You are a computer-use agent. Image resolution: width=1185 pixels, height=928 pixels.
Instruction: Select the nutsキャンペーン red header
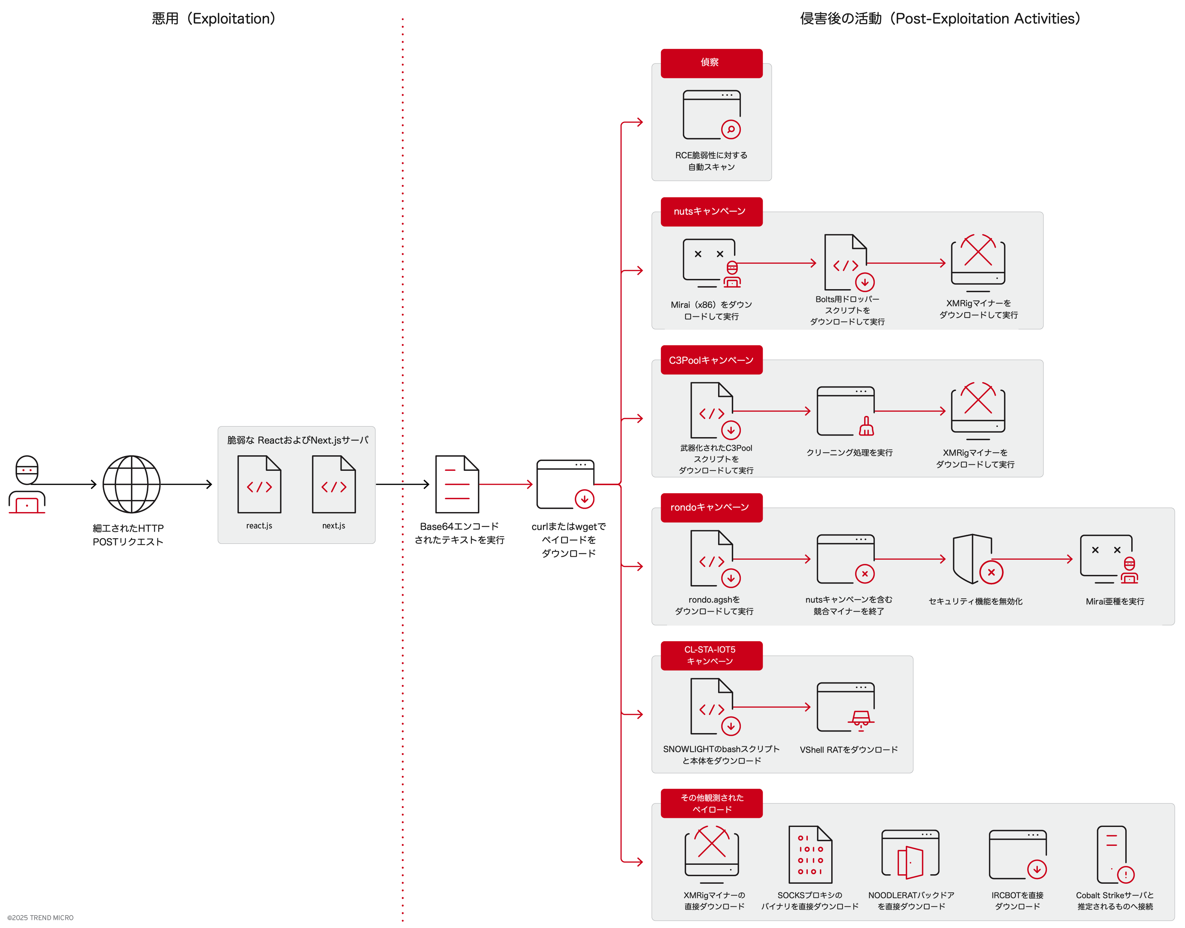[x=711, y=211]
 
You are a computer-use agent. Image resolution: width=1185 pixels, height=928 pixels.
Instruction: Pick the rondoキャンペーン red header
[x=711, y=508]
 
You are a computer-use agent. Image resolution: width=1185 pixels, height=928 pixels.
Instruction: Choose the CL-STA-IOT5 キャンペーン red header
[x=711, y=655]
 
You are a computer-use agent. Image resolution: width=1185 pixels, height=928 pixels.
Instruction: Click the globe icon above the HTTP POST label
[x=131, y=484]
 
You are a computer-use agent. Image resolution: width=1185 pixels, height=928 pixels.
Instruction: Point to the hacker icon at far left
[x=26, y=484]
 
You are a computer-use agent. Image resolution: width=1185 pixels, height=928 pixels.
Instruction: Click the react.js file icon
[x=259, y=484]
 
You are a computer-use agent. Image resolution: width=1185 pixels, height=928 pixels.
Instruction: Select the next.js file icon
[x=333, y=484]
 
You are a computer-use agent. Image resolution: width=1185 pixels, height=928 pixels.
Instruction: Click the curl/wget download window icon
[x=565, y=484]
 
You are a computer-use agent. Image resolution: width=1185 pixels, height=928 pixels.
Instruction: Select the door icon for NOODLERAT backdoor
[x=910, y=855]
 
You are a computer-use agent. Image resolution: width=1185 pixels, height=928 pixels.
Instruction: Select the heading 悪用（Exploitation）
[x=213, y=19]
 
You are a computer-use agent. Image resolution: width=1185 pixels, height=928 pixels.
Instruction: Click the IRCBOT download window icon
[x=1017, y=855]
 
